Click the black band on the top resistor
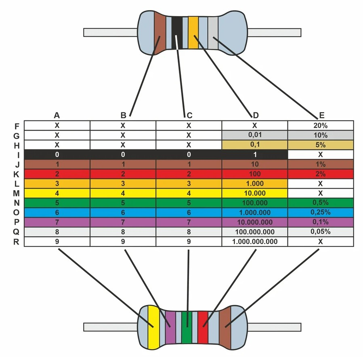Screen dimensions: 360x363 tap(176, 33)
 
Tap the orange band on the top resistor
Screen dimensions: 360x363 tap(193, 33)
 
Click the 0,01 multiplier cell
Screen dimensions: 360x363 tap(255, 135)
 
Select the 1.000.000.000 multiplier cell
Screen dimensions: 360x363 tap(255, 242)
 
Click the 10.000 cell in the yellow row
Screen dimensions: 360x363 tap(255, 193)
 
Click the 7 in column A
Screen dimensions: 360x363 tap(57, 222)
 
